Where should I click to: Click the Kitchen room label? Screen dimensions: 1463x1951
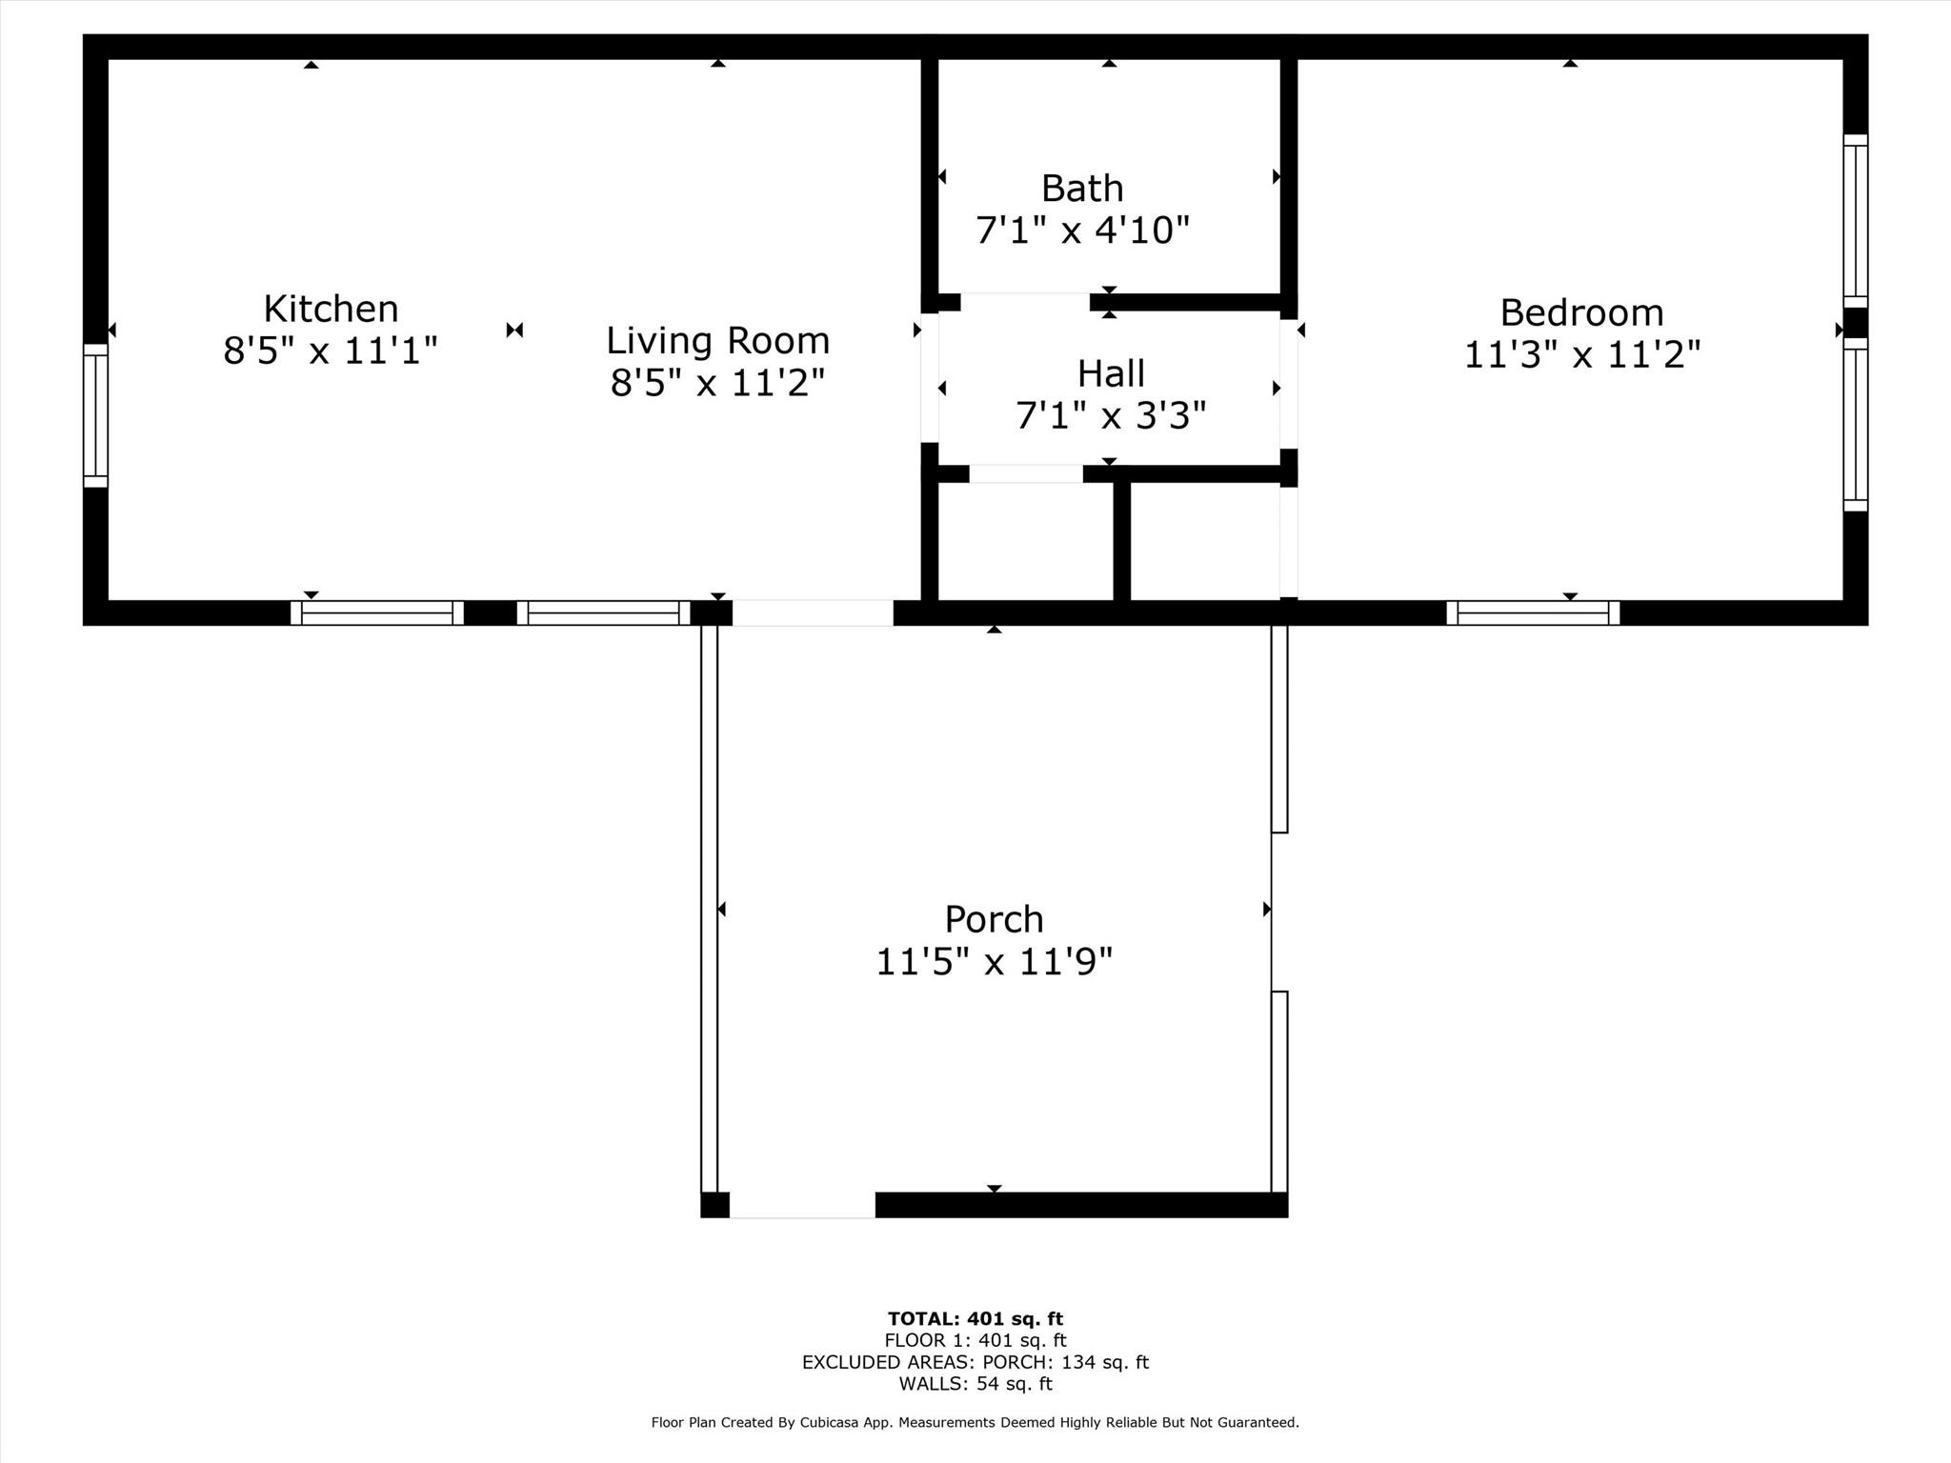(x=331, y=309)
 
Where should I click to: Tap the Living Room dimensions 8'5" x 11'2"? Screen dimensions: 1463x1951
(x=717, y=383)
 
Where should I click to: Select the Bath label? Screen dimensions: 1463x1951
(x=1082, y=189)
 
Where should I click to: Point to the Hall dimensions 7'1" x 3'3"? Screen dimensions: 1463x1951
(x=1111, y=416)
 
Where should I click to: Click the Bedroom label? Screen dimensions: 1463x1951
(x=1581, y=312)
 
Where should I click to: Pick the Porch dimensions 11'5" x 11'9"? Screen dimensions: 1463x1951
(x=994, y=962)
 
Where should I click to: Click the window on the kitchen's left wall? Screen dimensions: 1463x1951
(x=95, y=415)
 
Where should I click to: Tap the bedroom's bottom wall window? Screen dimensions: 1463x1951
(x=1533, y=613)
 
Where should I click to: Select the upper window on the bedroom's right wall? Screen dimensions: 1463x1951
(x=1855, y=221)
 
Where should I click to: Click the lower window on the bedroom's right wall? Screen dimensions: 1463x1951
(x=1855, y=425)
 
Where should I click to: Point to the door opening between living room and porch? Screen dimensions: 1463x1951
(x=813, y=613)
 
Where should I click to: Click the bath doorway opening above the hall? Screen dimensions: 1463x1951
(x=1025, y=302)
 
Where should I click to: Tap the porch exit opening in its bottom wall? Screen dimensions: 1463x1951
(x=802, y=1205)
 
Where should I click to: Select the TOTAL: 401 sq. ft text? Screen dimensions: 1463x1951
(x=975, y=1319)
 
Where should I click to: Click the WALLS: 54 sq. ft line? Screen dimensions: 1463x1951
(x=975, y=1384)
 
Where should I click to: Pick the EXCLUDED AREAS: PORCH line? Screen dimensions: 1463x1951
(x=975, y=1362)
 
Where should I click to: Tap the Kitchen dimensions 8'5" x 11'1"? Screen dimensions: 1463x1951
(x=331, y=351)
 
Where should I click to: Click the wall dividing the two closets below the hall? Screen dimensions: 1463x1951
(x=1122, y=541)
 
